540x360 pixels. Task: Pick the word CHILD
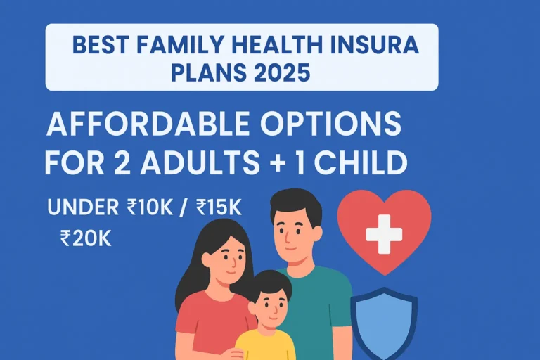tap(361, 163)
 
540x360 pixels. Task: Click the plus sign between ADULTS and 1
tap(277, 164)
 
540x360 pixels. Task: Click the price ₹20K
tap(86, 238)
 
